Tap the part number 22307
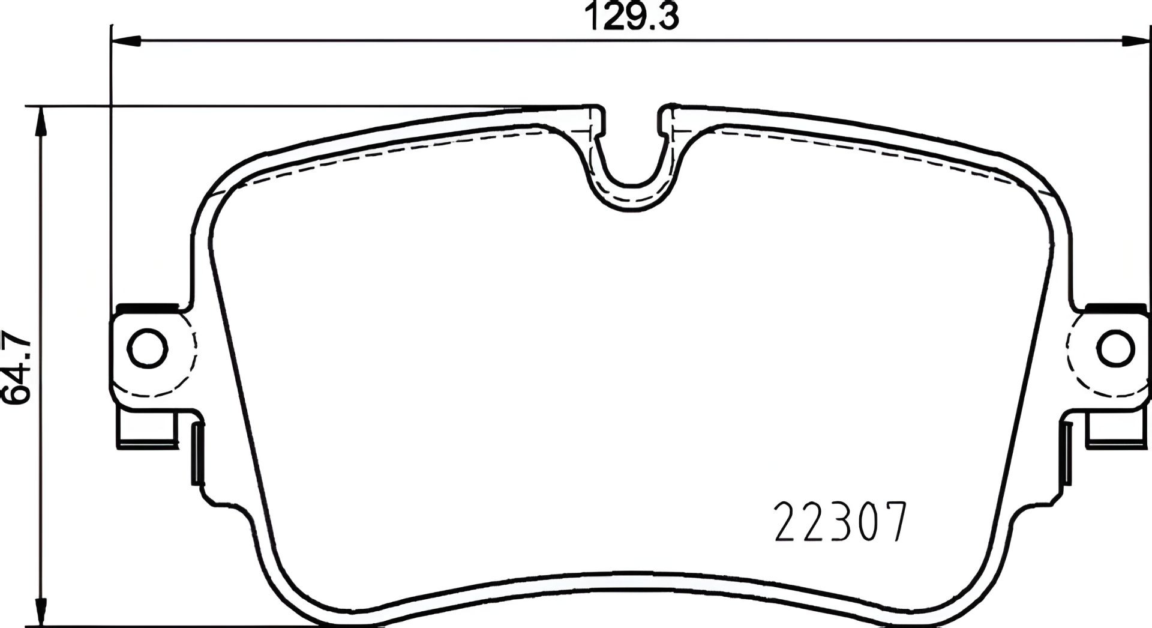[x=839, y=523]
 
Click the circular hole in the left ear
[x=148, y=349]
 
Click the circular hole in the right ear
[x=1118, y=349]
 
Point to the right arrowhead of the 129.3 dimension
[x=1136, y=40]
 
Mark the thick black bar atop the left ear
[x=148, y=308]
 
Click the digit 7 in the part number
[x=890, y=523]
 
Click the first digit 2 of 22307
[x=788, y=523]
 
